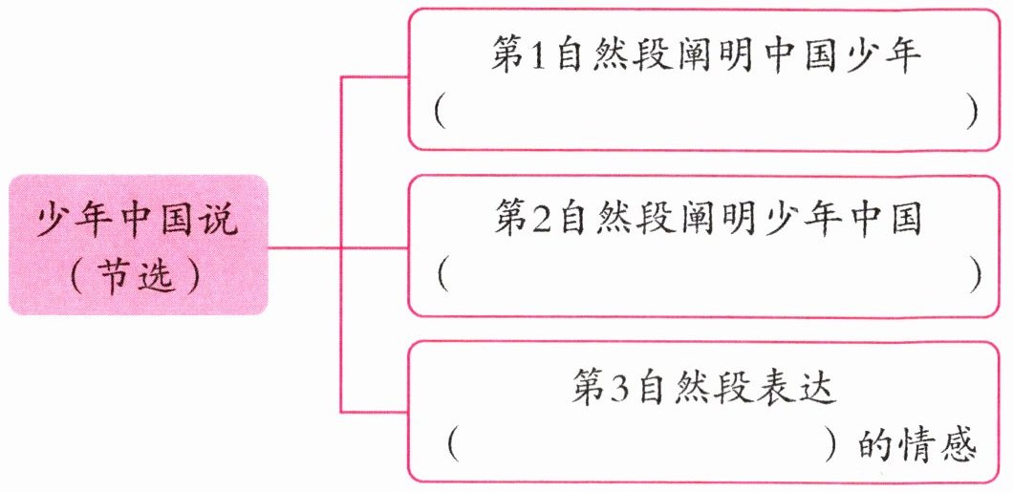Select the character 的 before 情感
(875, 445)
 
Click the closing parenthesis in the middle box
(976, 275)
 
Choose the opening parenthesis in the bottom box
(453, 445)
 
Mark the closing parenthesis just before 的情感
(833, 445)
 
